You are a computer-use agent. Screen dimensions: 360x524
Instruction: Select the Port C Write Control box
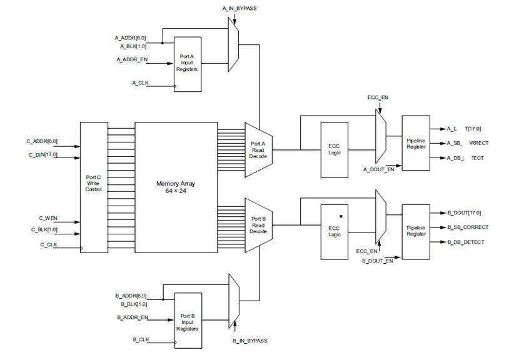pos(94,187)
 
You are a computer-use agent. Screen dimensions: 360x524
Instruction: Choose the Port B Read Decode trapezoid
pos(258,225)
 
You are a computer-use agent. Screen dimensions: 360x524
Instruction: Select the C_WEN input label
pos(48,218)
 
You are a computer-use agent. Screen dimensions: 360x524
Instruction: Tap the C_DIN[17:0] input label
pos(42,154)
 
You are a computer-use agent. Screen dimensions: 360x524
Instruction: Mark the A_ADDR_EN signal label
pos(132,59)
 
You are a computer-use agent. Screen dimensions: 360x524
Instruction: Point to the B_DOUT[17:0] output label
pos(464,212)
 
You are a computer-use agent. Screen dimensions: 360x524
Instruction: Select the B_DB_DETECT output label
pos(467,242)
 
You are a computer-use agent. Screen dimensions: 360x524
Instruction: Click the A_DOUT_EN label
pos(379,169)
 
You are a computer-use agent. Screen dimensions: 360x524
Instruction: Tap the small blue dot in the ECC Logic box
pos(341,216)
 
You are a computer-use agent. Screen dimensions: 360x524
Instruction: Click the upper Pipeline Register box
pos(416,143)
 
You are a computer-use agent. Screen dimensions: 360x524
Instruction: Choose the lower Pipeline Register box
pos(416,232)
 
